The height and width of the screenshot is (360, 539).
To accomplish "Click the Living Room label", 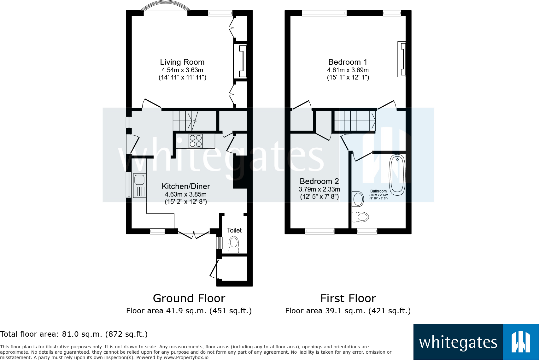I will tap(182, 62).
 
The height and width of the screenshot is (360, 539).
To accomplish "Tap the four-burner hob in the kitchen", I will tap(196, 141).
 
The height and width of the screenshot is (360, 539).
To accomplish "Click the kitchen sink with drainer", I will tap(139, 186).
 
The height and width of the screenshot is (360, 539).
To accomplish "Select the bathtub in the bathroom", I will tap(397, 175).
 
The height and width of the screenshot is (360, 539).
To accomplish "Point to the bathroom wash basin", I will tap(358, 199).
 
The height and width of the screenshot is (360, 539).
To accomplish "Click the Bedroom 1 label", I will tap(348, 62).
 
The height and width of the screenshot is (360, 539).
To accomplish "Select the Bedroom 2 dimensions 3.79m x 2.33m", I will tap(319, 189).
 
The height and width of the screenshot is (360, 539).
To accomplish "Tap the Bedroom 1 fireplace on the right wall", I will tap(401, 59).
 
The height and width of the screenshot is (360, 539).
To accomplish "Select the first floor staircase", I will tap(355, 121).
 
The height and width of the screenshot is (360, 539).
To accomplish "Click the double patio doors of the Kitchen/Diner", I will tap(194, 234).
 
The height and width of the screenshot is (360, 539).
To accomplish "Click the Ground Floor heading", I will tap(189, 298).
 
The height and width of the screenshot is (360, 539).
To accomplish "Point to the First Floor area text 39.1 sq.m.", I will tap(348, 311).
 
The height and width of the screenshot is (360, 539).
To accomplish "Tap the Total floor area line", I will tap(74, 334).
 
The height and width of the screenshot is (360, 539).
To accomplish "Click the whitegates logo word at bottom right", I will tap(458, 343).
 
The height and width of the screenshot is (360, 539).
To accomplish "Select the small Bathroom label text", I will tap(378, 191).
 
